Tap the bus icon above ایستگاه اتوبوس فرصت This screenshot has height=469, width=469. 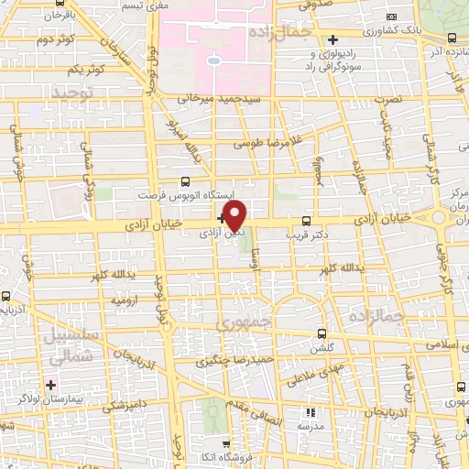click(x=186, y=181)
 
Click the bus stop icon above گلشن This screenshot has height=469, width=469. click(x=321, y=333)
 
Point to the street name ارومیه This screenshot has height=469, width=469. click(x=123, y=300)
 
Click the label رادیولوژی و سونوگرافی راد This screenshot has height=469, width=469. click(x=334, y=61)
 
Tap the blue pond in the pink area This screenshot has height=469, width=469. click(x=213, y=61)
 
